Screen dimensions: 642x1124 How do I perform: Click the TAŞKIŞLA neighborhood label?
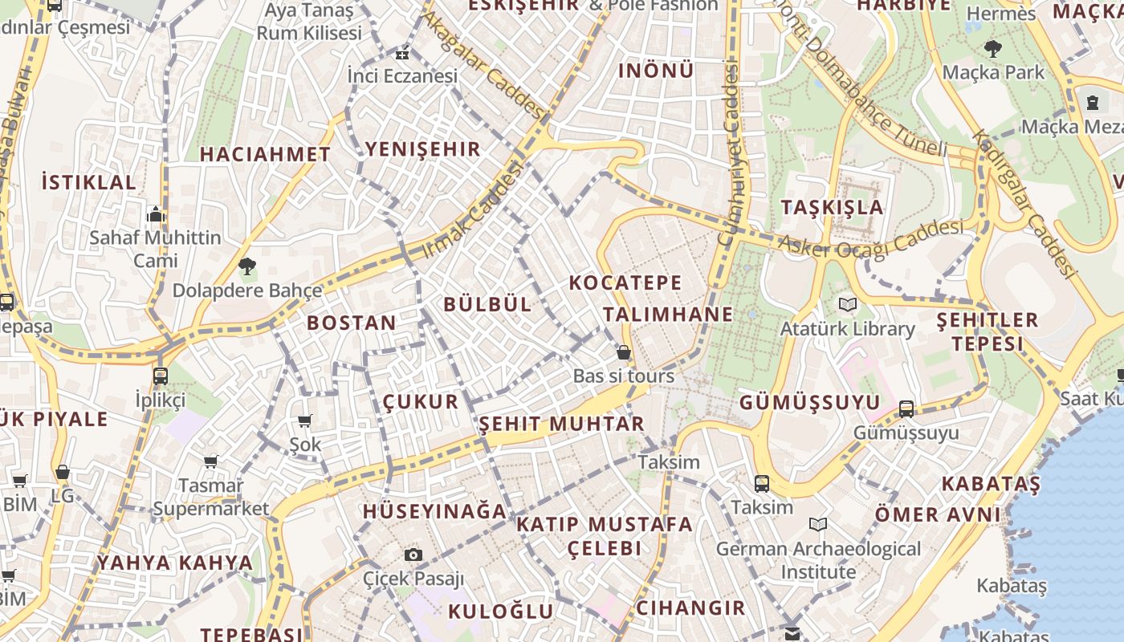click(x=832, y=208)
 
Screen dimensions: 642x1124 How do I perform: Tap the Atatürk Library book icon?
click(x=847, y=305)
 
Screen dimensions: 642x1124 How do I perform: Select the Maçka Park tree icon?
click(x=993, y=48)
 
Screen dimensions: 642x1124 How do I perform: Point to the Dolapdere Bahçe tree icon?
click(x=246, y=266)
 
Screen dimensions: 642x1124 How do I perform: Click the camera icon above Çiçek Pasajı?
click(x=413, y=555)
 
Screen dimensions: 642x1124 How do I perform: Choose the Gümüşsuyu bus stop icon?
click(x=906, y=408)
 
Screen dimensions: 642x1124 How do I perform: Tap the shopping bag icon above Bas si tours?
click(x=623, y=352)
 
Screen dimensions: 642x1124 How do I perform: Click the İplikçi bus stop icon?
click(x=160, y=376)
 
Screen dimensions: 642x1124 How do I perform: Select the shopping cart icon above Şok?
click(x=305, y=421)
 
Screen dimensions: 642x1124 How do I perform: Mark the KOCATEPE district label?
click(x=625, y=282)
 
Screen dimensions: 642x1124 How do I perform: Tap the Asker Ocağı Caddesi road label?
click(x=871, y=238)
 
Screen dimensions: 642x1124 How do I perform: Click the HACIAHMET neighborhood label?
click(x=265, y=154)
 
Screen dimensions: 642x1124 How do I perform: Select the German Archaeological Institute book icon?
click(x=818, y=525)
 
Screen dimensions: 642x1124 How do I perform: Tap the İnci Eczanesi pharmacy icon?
click(x=401, y=55)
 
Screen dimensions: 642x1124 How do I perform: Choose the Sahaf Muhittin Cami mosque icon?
click(x=156, y=214)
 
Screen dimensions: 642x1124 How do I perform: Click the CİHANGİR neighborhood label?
click(x=690, y=607)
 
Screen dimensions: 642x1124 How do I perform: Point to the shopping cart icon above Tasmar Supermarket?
click(x=210, y=461)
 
